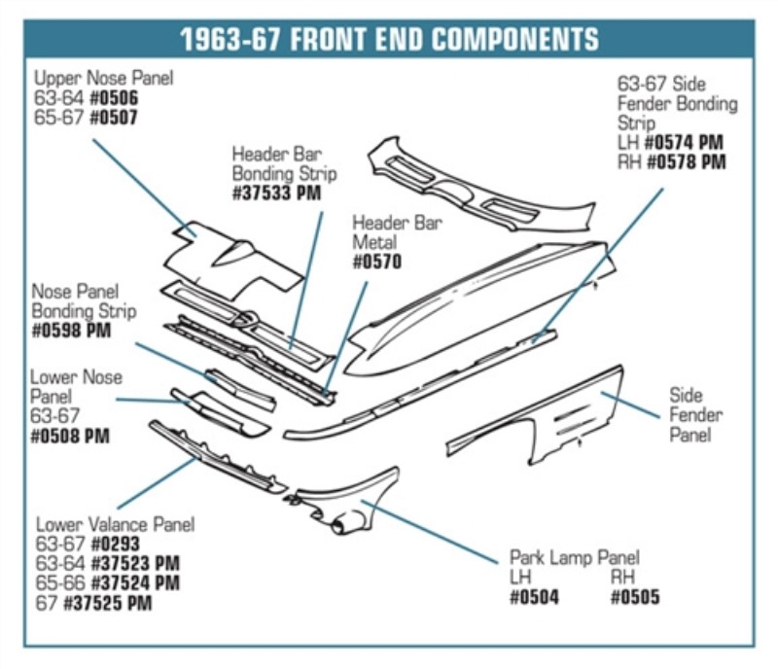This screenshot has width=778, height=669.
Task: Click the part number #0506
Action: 115,98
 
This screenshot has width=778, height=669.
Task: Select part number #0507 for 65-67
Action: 114,118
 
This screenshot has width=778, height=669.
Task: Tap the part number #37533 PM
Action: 276,194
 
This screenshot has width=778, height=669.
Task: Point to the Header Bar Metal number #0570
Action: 377,262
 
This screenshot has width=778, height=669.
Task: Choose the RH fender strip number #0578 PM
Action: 685,162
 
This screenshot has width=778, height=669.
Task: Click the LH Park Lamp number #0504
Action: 534,596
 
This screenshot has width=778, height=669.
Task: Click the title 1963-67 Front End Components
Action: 389,40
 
